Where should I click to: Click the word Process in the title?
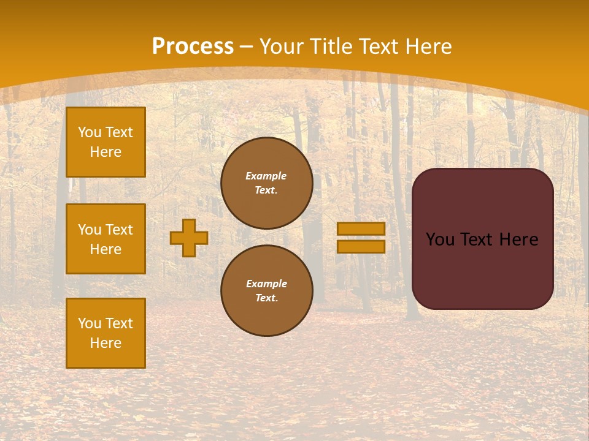(x=193, y=47)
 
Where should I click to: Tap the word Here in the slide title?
(x=428, y=47)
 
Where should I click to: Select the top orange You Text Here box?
(x=106, y=142)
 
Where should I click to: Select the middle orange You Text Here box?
(x=106, y=239)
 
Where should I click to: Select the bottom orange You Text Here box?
(x=106, y=333)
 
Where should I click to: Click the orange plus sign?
(x=189, y=238)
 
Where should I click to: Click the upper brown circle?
(x=267, y=183)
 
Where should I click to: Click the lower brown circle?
(x=267, y=291)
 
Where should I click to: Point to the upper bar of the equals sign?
(x=361, y=229)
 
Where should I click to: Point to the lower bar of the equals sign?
(x=361, y=246)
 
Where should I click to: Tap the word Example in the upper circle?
(x=266, y=176)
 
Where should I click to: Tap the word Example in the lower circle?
(x=266, y=284)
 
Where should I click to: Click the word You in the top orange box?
(x=90, y=132)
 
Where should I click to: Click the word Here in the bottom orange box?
(x=106, y=343)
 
